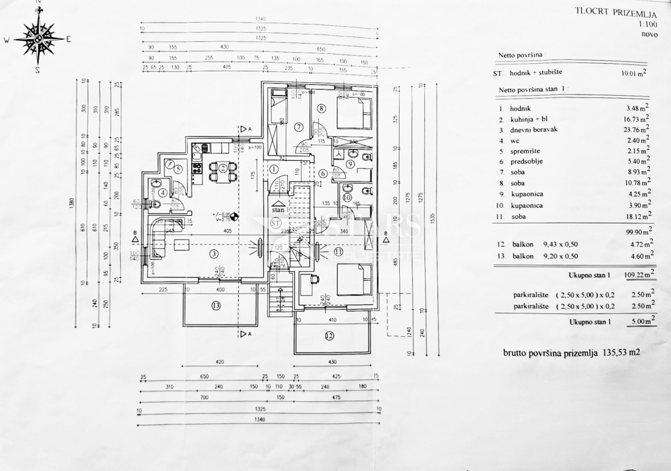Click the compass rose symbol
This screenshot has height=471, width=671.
pyautogui.click(x=38, y=39)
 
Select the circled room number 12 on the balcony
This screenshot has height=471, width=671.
pyautogui.click(x=329, y=336)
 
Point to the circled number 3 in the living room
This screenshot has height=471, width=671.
pyautogui.click(x=213, y=254)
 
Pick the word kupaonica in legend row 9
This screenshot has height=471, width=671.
pyautogui.click(x=526, y=194)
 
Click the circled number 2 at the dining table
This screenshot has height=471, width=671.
pyautogui.click(x=223, y=168)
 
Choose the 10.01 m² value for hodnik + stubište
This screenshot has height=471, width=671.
pyautogui.click(x=634, y=73)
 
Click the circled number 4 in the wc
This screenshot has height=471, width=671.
pyautogui.click(x=162, y=193)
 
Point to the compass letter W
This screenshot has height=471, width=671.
pyautogui.click(x=6, y=40)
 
